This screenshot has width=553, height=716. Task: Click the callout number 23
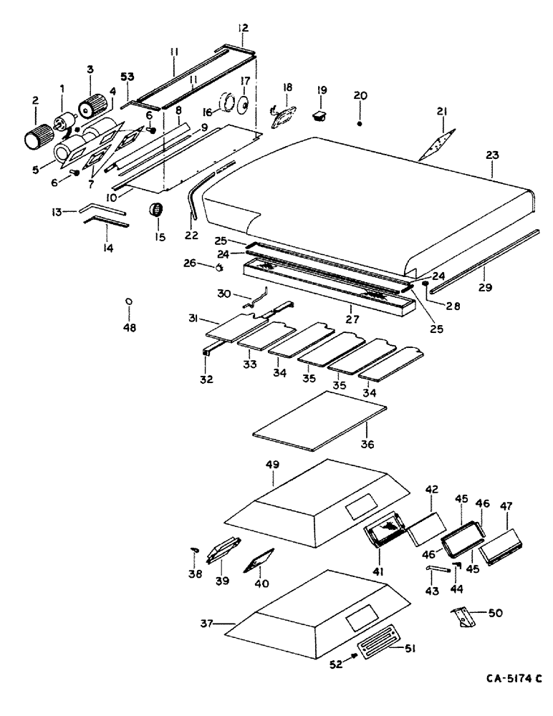coord(494,155)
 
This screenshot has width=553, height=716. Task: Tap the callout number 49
coord(272,464)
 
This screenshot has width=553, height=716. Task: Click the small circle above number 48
coord(128,301)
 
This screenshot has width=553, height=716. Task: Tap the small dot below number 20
coord(360,124)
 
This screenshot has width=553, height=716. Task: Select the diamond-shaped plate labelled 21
coord(438,142)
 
